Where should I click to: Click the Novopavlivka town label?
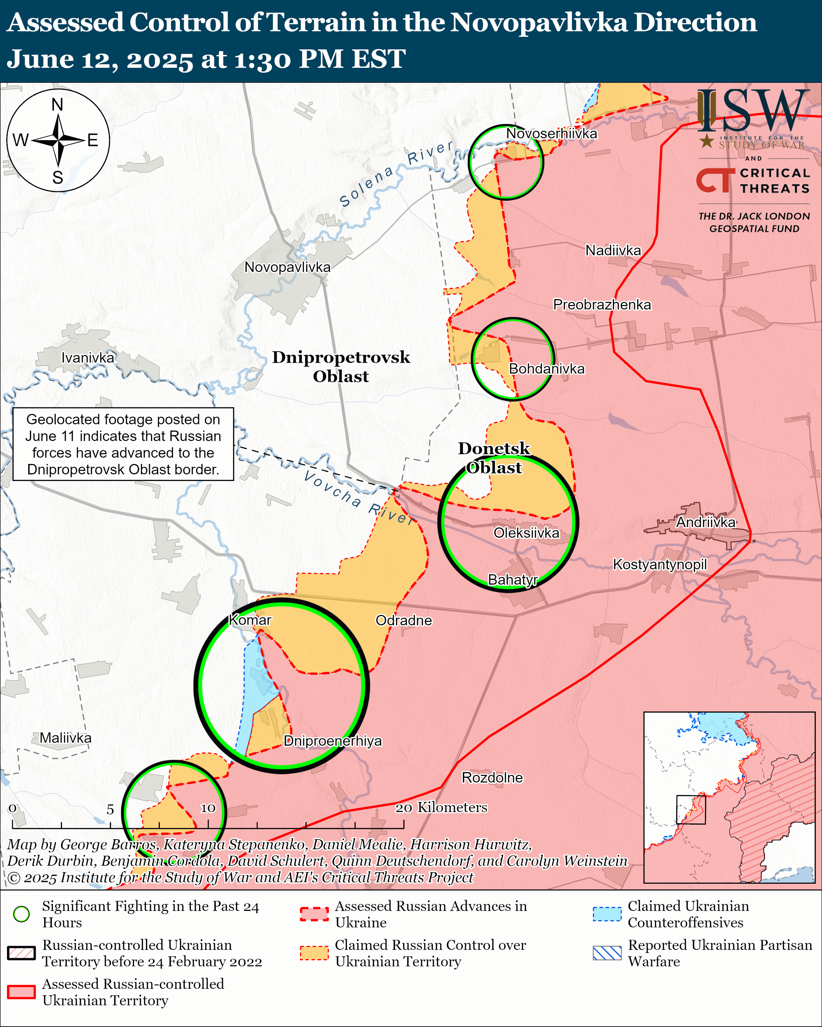pyautogui.click(x=287, y=267)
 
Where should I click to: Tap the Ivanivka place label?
pyautogui.click(x=88, y=358)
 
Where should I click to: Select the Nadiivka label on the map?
pyautogui.click(x=613, y=250)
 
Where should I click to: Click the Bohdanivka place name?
pyautogui.click(x=547, y=369)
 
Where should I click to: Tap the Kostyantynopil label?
pyautogui.click(x=659, y=564)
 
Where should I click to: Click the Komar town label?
pyautogui.click(x=250, y=620)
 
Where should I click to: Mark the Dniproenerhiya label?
pyautogui.click(x=333, y=741)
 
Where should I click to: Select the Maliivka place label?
pyautogui.click(x=65, y=738)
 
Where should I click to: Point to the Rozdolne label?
pyautogui.click(x=492, y=777)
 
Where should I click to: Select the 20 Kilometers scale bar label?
pyautogui.click(x=441, y=808)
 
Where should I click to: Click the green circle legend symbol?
pyautogui.click(x=22, y=914)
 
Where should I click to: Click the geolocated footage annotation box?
pyautogui.click(x=123, y=444)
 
